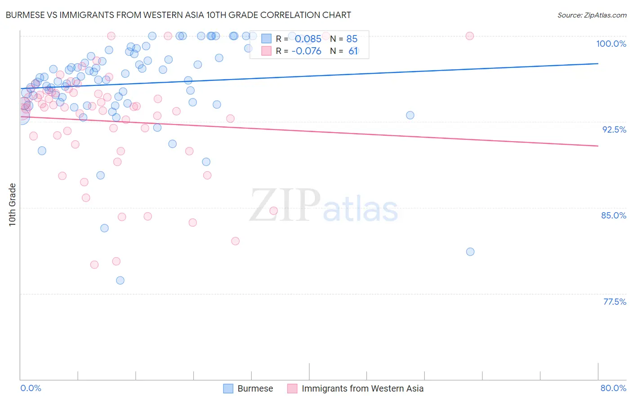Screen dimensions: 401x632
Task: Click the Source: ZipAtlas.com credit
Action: pyautogui.click(x=592, y=15)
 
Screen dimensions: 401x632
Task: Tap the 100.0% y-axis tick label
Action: pyautogui.click(x=611, y=44)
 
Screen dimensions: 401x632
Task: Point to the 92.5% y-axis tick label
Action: pyautogui.click(x=614, y=129)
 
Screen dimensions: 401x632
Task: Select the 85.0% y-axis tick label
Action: pyautogui.click(x=614, y=215)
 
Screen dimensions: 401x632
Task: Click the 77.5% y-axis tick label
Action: pyautogui.click(x=614, y=302)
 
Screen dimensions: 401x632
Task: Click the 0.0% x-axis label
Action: pyautogui.click(x=31, y=388)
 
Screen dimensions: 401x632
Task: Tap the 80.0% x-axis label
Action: pyautogui.click(x=613, y=388)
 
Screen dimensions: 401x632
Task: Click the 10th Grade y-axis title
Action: pyautogui.click(x=13, y=205)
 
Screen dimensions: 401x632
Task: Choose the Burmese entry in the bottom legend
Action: pyautogui.click(x=255, y=388)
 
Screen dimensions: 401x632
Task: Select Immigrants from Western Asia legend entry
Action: pyautogui.click(x=362, y=388)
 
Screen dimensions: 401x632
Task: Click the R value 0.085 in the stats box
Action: pyautogui.click(x=308, y=39)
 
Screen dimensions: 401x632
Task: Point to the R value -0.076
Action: pyautogui.click(x=306, y=51)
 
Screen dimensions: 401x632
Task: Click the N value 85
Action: pyautogui.click(x=352, y=39)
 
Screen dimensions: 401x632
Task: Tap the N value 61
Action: pyautogui.click(x=353, y=51)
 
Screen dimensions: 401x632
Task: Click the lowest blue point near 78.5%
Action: pyautogui.click(x=120, y=281)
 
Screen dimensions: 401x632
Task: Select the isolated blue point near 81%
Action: pyautogui.click(x=470, y=252)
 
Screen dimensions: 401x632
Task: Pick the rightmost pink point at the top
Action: pyautogui.click(x=470, y=36)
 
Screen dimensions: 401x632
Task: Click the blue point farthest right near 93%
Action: pyautogui.click(x=410, y=115)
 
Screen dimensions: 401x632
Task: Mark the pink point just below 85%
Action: pyautogui.click(x=274, y=211)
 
